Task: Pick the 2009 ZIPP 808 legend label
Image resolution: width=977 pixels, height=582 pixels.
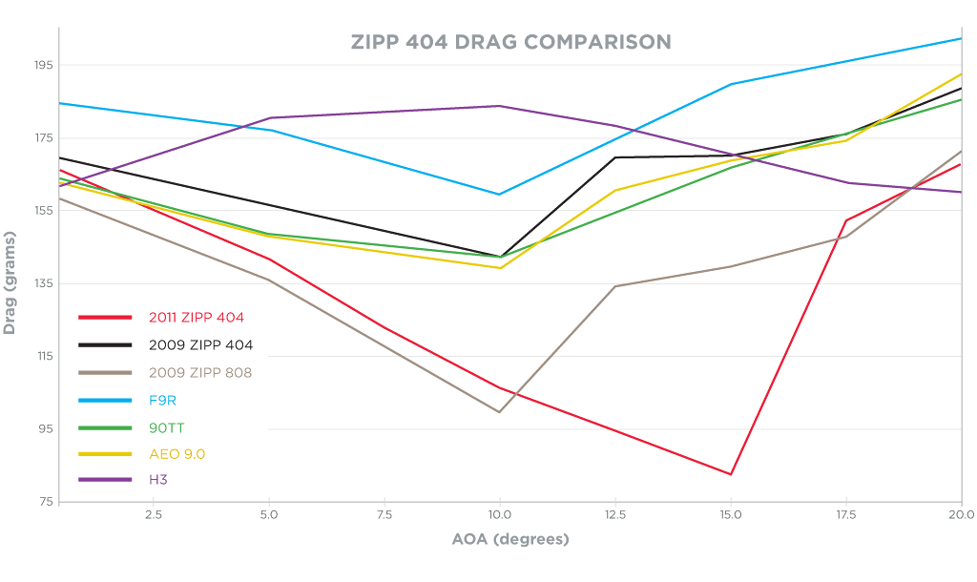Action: point(200,372)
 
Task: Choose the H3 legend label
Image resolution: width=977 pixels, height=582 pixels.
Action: point(158,479)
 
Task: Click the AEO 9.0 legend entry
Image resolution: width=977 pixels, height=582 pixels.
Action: point(177,454)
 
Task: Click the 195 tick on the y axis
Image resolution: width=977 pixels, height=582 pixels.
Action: point(41,65)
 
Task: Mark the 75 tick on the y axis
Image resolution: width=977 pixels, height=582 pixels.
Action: point(44,502)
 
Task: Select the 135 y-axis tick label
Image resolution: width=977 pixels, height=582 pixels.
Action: point(41,283)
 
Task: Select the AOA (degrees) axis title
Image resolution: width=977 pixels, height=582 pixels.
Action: point(509,539)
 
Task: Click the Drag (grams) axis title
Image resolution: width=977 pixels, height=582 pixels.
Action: point(10,282)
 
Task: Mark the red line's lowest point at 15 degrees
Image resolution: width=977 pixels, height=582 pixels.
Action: point(731,474)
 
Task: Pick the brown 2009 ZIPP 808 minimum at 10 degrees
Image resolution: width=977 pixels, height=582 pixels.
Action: point(499,412)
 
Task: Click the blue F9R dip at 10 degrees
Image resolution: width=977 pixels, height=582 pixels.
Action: point(499,195)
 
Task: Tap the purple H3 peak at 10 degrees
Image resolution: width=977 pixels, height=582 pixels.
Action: point(499,106)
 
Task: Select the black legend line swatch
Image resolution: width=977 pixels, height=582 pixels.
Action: point(105,344)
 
